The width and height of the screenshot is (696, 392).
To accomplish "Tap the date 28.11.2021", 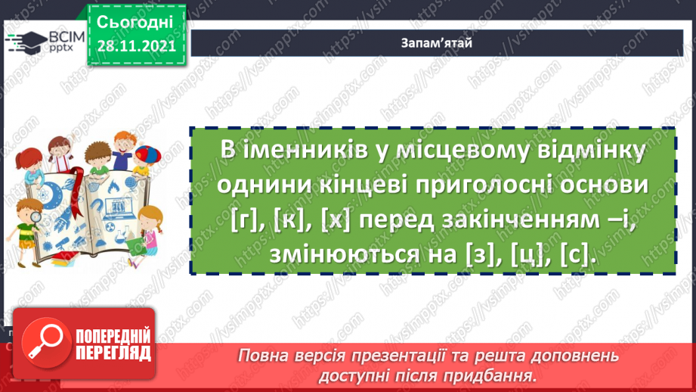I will point(135,46).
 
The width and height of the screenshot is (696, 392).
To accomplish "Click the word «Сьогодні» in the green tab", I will point(135,22).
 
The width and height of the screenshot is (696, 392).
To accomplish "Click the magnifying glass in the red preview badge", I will point(43,341).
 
